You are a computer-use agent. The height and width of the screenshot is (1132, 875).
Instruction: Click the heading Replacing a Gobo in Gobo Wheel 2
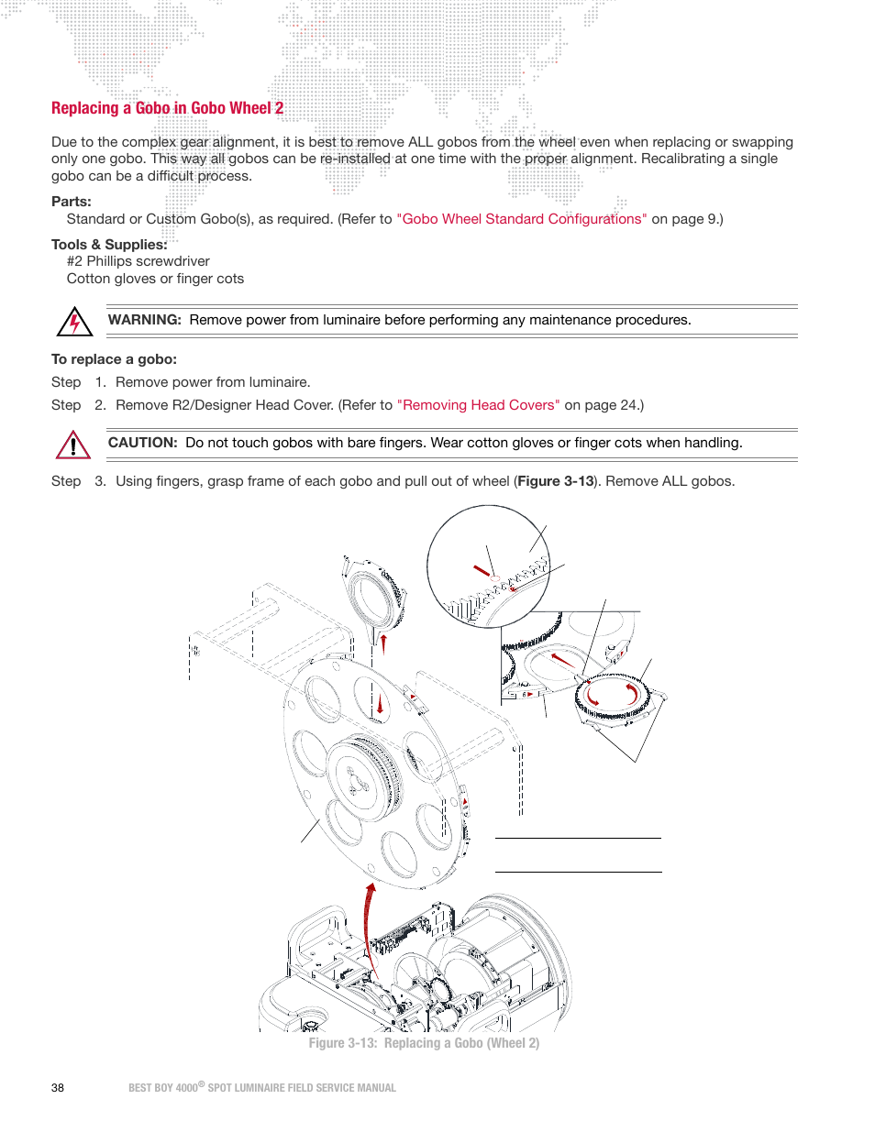167,108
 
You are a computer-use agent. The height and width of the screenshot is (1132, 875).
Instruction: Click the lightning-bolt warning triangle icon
74,323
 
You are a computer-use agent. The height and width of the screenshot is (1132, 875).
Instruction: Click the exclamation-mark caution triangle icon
72,445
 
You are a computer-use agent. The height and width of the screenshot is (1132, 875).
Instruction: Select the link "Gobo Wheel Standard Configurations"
521,219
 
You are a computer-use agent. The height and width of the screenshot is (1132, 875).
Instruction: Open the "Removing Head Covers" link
478,405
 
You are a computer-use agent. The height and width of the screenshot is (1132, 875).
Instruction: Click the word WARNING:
144,320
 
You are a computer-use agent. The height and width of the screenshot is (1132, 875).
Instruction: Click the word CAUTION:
142,443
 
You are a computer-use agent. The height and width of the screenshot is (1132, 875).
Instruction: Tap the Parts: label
72,202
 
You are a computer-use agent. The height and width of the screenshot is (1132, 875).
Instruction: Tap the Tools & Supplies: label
109,245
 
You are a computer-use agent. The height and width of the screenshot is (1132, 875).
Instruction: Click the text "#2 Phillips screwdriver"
138,261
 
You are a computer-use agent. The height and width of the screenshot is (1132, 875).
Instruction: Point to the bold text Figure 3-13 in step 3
556,481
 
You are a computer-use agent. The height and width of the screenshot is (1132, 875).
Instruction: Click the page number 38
58,1088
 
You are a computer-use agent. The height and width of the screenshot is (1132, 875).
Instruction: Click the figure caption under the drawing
424,1043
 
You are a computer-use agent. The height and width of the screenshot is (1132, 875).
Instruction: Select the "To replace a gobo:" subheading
114,359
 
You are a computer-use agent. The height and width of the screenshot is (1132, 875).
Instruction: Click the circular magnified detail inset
488,566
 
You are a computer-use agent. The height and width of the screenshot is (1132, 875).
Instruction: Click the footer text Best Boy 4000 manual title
262,1088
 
